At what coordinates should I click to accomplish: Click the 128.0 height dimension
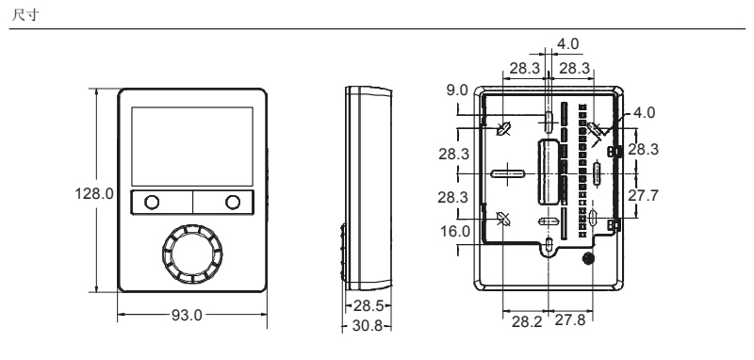tap(94, 194)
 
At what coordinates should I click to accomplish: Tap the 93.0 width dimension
tap(187, 316)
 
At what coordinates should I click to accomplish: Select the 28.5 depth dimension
tap(369, 305)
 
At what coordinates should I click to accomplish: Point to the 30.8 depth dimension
tap(368, 326)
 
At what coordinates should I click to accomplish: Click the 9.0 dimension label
tap(457, 90)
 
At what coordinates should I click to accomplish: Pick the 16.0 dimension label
tap(455, 232)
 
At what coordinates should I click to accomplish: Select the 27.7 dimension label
tap(644, 196)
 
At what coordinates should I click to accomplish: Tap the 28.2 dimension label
tap(527, 321)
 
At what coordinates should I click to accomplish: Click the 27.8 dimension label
tap(570, 320)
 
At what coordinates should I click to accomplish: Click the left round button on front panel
tap(152, 203)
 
